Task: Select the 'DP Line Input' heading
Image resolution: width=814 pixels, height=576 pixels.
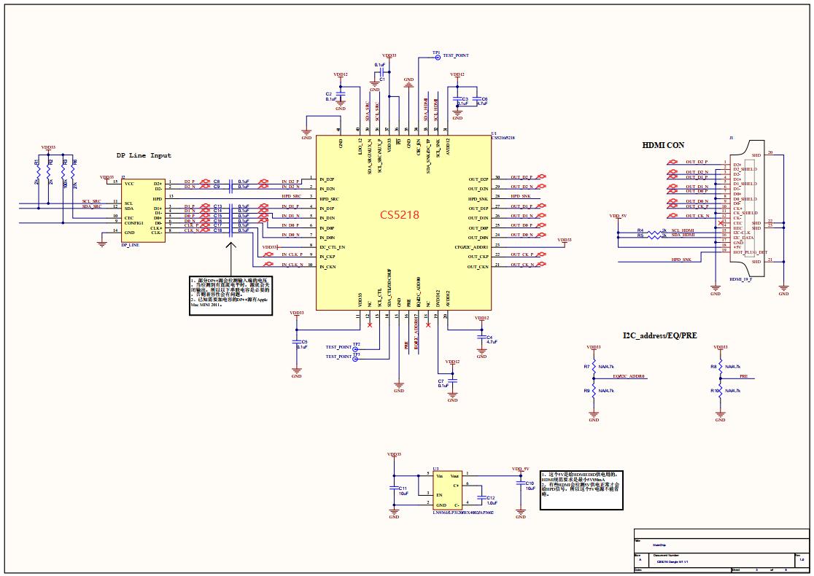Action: click(144, 155)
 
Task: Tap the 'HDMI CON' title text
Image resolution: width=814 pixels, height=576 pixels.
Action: click(663, 145)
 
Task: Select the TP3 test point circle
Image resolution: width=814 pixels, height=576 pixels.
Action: click(356, 358)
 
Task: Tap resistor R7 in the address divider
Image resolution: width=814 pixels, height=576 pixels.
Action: click(594, 367)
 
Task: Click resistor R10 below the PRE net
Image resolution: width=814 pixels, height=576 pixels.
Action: click(720, 392)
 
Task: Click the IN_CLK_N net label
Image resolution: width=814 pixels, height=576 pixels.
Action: click(292, 265)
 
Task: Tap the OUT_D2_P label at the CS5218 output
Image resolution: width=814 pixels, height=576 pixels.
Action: click(522, 177)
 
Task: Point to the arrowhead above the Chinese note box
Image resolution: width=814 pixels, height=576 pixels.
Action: click(232, 247)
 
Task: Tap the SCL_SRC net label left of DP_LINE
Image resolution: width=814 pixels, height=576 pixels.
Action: click(92, 201)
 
